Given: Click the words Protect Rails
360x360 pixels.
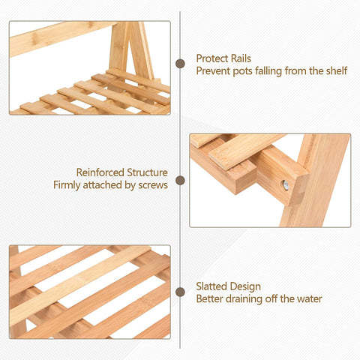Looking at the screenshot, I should point(224,58).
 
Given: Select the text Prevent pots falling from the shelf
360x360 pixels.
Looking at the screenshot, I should point(271,71).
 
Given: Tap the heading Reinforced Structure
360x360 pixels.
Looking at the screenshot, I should point(121,172).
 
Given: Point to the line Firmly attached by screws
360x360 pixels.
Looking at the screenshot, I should point(110,185).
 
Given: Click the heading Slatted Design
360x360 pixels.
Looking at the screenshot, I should point(229,286).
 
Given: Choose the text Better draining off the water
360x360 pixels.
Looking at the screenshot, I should point(259,299).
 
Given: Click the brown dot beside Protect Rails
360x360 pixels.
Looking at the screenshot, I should point(180,64).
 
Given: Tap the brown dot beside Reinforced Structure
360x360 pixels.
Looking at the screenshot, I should point(180,180).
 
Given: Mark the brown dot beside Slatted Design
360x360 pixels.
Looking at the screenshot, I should point(180,292).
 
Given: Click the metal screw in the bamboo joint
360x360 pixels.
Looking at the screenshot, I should point(284,184).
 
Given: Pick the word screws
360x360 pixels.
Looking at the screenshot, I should point(152,185).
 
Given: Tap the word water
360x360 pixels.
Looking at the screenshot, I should point(308,299).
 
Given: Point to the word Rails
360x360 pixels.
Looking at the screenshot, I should point(239,58).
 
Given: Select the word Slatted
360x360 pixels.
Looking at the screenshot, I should point(213,286).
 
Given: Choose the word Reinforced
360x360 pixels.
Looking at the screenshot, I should point(101,172).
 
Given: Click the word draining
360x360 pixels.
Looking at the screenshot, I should point(245,299).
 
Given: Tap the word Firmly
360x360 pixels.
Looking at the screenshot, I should point(68,185).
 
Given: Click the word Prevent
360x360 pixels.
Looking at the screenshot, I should point(214,71).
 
